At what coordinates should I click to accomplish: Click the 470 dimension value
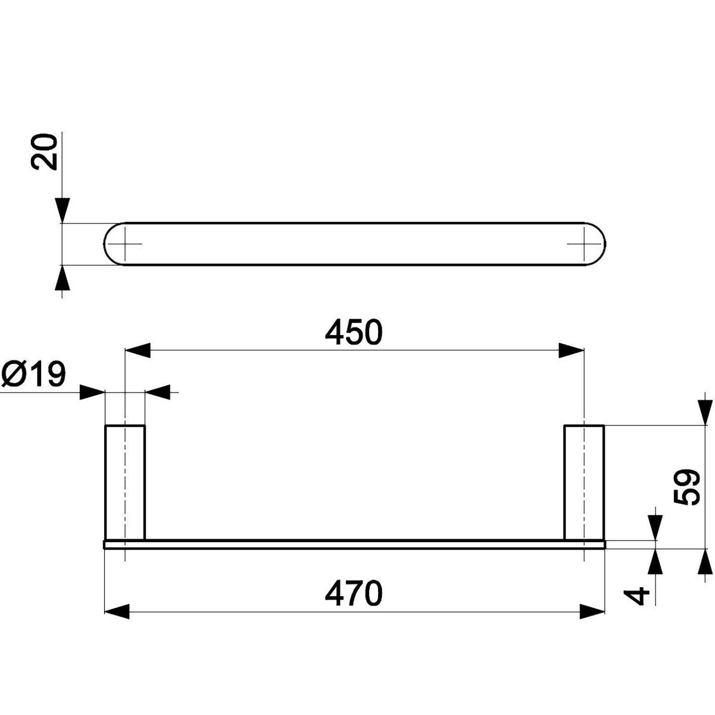[x=353, y=593]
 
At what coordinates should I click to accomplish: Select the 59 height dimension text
[x=686, y=487]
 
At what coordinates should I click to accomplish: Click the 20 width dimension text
[x=44, y=152]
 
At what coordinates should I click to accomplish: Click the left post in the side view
[x=125, y=483]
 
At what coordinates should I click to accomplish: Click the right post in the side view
[x=584, y=483]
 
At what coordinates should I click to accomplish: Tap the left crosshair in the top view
[x=125, y=244]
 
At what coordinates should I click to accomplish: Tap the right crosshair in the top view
[x=584, y=244]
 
